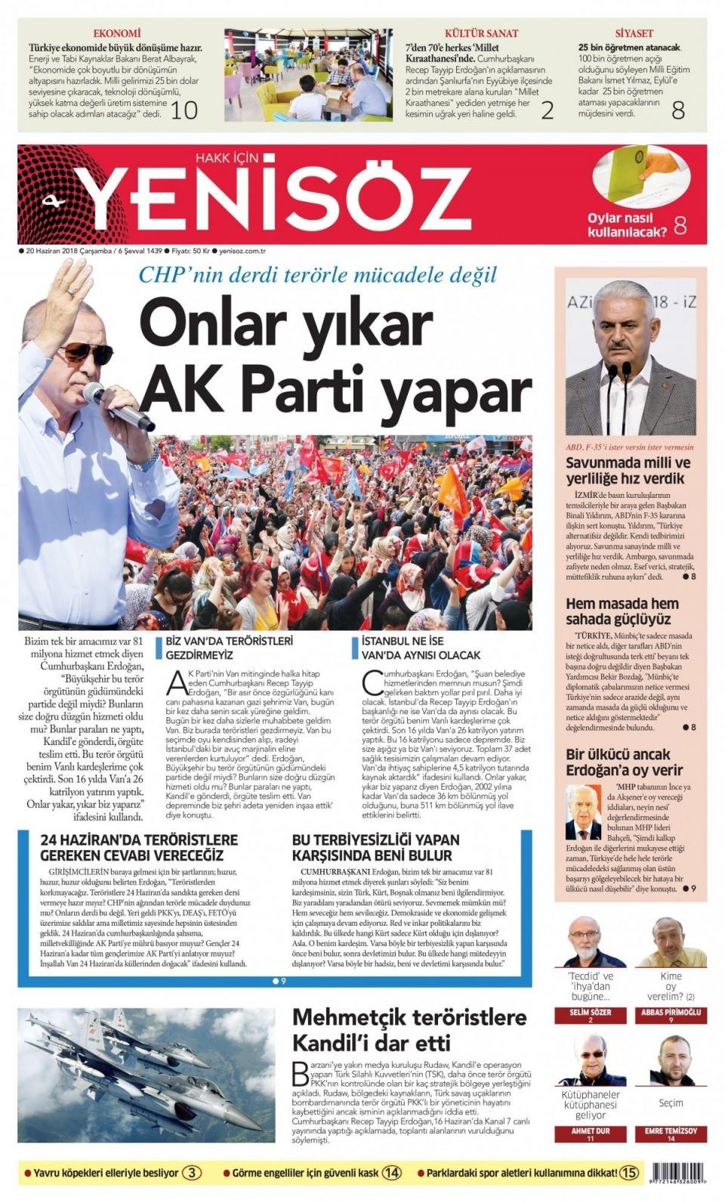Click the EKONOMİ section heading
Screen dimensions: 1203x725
(x=116, y=33)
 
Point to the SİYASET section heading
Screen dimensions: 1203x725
(x=634, y=33)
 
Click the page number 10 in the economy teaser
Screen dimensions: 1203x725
(x=184, y=110)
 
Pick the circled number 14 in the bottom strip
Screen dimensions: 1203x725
(x=391, y=1174)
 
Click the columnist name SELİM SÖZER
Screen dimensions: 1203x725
(x=591, y=1012)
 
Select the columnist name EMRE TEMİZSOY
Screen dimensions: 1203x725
(x=671, y=1131)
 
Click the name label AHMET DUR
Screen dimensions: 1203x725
(x=591, y=1131)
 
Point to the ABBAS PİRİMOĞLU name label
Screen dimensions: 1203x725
(x=671, y=1012)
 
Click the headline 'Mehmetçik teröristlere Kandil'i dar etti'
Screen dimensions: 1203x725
(x=409, y=1029)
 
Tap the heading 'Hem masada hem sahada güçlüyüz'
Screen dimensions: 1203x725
(x=622, y=611)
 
